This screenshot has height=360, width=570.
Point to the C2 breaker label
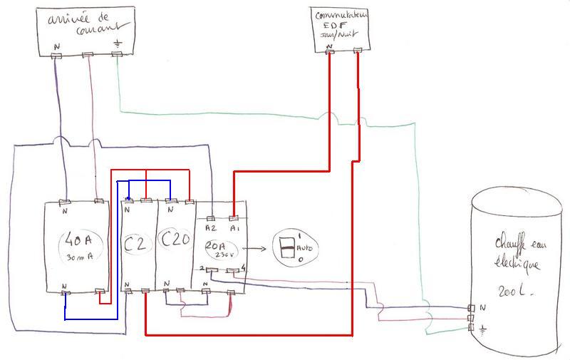click(x=137, y=244)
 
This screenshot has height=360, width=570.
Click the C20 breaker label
click(x=174, y=240)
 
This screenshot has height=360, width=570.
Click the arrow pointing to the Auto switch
click(x=258, y=249)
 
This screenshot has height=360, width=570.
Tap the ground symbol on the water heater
click(x=483, y=329)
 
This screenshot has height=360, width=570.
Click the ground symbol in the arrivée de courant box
click(x=118, y=44)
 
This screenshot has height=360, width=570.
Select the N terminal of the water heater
click(x=482, y=308)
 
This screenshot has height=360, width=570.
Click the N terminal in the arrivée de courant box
click(x=57, y=47)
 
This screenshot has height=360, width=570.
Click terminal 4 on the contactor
click(x=244, y=269)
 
